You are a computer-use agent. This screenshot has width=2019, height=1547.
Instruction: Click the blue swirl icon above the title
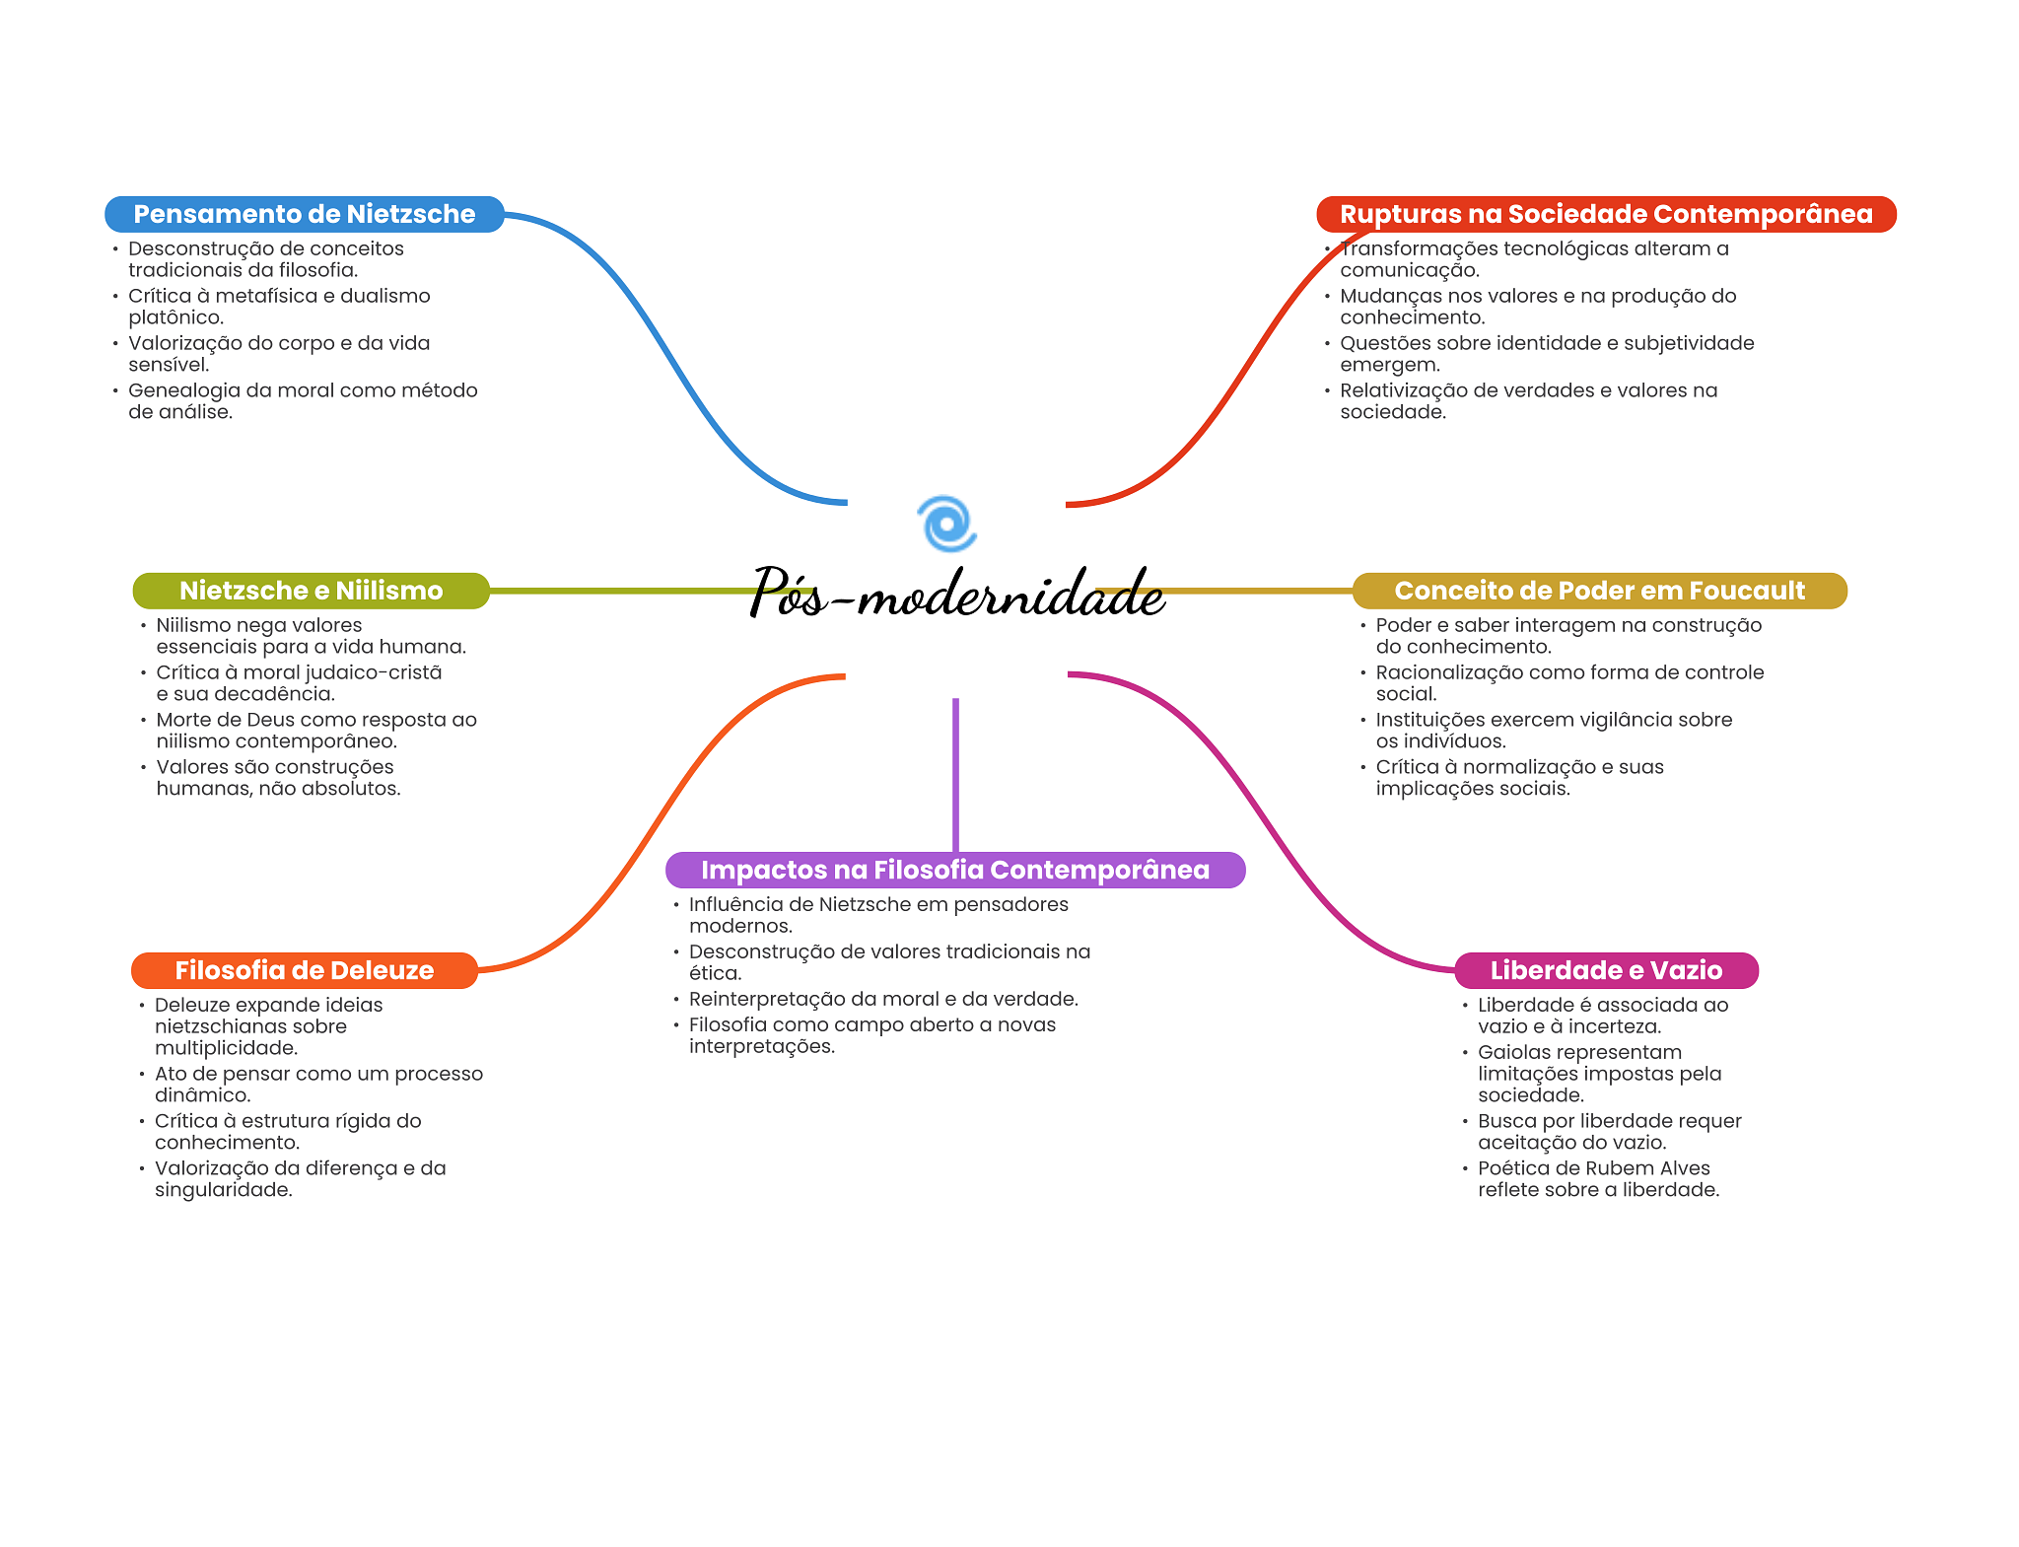(946, 524)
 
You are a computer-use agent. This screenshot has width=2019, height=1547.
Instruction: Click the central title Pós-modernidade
(956, 594)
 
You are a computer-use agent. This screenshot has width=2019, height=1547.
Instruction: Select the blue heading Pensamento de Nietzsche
(305, 214)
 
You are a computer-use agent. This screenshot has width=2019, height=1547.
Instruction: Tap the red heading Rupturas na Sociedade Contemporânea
(1606, 214)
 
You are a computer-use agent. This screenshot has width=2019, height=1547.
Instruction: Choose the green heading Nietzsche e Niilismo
(312, 591)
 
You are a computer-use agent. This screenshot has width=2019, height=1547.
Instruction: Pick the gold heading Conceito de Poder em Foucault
(1599, 591)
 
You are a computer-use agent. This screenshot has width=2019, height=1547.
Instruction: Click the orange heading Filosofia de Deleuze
(305, 970)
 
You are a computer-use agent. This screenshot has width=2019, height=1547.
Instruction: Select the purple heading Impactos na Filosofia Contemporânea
(955, 870)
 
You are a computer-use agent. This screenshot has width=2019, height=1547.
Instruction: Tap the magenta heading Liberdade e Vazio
(1606, 970)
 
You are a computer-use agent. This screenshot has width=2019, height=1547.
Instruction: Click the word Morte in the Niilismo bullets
(184, 720)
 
